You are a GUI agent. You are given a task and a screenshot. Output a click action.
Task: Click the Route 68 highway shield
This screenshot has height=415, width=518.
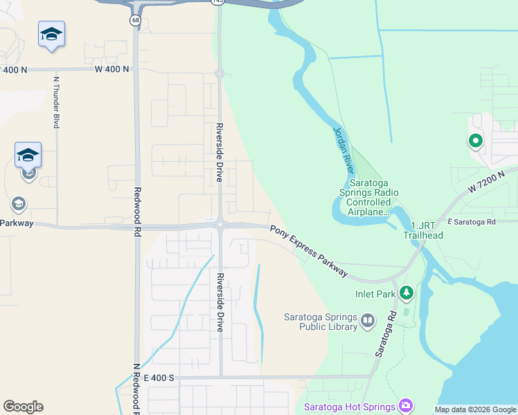134,19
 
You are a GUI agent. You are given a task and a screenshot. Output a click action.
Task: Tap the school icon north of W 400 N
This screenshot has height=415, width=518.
52,35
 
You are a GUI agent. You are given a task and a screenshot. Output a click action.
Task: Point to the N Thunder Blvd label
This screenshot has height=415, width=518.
56,102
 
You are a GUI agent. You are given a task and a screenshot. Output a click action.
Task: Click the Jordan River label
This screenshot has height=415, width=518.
343,150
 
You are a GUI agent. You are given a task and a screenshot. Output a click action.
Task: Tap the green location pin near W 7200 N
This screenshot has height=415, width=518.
475,142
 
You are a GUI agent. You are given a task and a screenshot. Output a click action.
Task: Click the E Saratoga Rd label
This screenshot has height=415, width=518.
472,222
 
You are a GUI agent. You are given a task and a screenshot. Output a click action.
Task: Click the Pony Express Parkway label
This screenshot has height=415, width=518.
309,251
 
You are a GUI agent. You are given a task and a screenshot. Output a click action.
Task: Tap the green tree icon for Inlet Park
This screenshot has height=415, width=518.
406,294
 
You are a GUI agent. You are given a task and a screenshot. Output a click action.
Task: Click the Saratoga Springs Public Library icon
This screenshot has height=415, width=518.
367,320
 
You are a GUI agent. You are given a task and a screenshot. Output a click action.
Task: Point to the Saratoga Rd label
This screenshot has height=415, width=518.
385,333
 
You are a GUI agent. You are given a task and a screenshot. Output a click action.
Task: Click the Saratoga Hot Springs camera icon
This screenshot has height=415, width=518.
406,405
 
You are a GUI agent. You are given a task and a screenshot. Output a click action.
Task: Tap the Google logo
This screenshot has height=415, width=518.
23,407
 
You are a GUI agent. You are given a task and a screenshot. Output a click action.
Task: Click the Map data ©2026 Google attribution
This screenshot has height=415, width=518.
474,409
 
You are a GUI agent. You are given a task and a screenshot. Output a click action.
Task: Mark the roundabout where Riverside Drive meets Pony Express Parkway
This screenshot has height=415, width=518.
220,224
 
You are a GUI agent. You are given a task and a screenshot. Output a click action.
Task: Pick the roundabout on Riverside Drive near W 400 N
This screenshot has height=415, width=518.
219,73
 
